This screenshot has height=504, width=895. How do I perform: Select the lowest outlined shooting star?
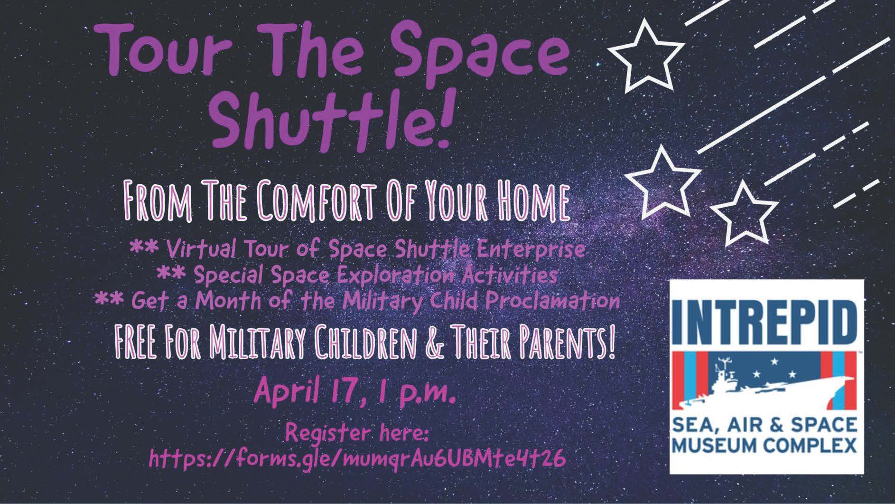click(x=744, y=212)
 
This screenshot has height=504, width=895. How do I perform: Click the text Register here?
click(x=357, y=433)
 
